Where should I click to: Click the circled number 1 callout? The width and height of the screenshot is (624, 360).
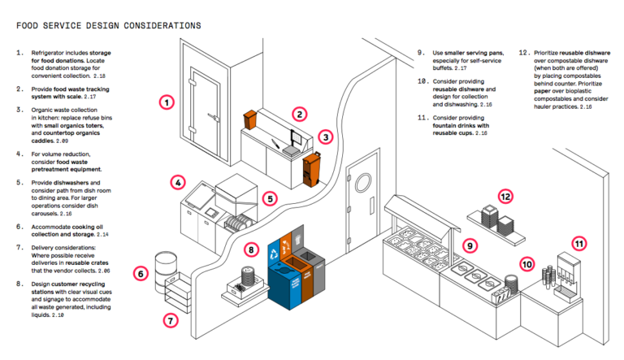pos(167,102)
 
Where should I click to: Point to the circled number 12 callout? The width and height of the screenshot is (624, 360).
pos(505,196)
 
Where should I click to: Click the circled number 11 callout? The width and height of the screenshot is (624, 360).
pos(578,243)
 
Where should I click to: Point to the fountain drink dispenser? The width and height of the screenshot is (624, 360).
pos(563,277)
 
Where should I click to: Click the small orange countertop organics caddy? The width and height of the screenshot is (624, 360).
pos(250,123)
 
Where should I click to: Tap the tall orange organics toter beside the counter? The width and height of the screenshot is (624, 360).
pos(309,167)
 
